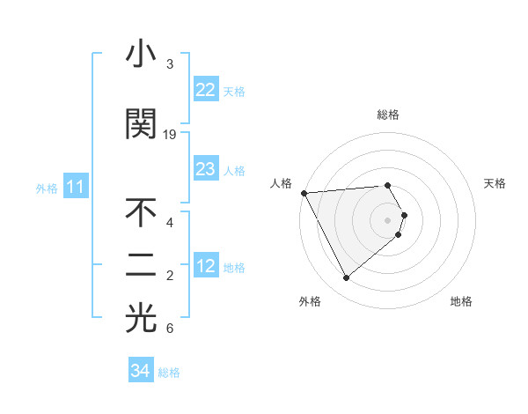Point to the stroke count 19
click(170, 135)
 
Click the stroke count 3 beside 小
click(169, 64)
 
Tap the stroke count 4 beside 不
click(169, 223)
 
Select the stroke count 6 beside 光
click(169, 329)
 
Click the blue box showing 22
click(205, 90)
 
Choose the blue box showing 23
click(205, 169)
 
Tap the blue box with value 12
click(205, 266)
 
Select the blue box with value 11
click(75, 187)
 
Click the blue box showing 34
click(140, 372)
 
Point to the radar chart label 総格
click(388, 115)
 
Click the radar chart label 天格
click(495, 183)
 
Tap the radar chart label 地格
click(461, 302)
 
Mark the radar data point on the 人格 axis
click(304, 192)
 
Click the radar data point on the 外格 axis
click(346, 278)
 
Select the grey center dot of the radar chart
click(388, 219)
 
